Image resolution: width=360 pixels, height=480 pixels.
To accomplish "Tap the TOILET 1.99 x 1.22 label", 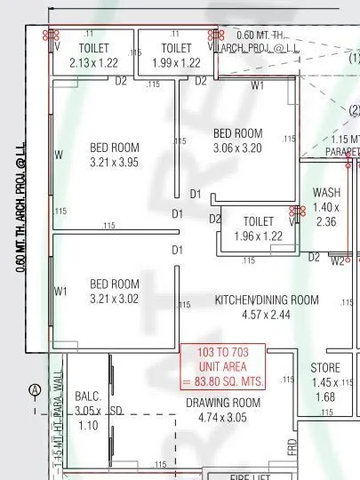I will pyautogui.click(x=176, y=55).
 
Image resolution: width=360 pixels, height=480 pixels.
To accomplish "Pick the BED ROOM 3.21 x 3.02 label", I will pyautogui.click(x=115, y=292).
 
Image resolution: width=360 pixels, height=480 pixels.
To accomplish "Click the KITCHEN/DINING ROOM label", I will pyautogui.click(x=266, y=307).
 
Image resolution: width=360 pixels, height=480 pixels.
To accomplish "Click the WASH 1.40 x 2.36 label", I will pyautogui.click(x=326, y=207).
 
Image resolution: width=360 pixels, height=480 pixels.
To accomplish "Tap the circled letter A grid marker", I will pyautogui.click(x=35, y=390).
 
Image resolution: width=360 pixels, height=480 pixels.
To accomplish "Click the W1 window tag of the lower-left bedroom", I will pyautogui.click(x=60, y=291).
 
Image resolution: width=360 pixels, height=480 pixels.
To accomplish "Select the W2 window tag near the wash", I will pyautogui.click(x=338, y=261).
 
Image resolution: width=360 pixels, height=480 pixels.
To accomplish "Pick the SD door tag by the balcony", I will pyautogui.click(x=116, y=412).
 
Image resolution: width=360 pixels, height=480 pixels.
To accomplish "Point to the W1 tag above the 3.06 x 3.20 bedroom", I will pyautogui.click(x=258, y=86).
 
